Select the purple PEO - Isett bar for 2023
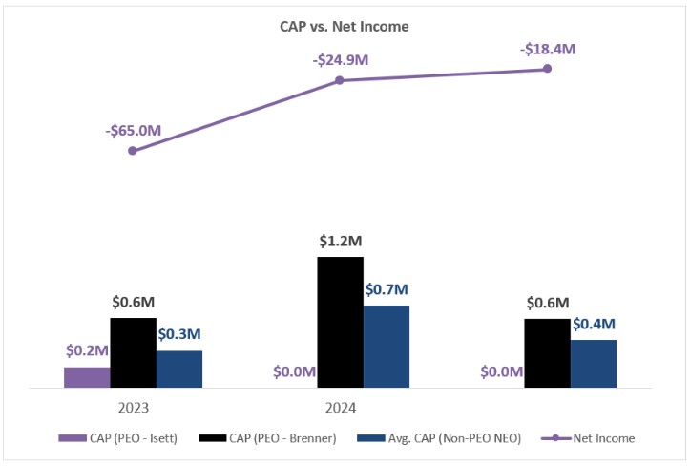click(87, 377)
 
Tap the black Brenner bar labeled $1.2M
click(340, 322)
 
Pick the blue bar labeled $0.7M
click(387, 347)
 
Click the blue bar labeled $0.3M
click(179, 369)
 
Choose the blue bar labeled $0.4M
click(594, 364)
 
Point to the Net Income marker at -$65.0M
click(133, 151)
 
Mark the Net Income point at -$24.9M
click(340, 80)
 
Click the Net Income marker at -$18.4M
click(547, 69)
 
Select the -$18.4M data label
click(547, 48)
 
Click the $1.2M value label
click(341, 242)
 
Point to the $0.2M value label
click(88, 351)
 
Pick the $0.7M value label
click(387, 289)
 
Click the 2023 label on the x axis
click(134, 408)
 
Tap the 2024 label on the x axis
click(340, 408)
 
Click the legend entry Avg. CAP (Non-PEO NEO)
click(439, 438)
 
